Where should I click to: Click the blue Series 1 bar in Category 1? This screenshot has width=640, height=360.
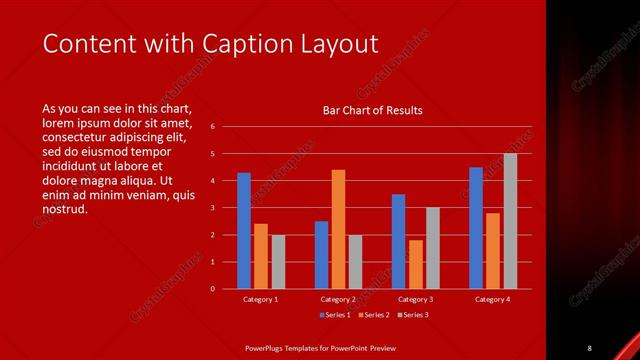point(244,230)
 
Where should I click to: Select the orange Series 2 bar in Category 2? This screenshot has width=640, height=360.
point(338,229)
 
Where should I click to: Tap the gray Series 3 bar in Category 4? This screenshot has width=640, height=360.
point(510,221)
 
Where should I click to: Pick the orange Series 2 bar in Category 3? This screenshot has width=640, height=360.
point(415,264)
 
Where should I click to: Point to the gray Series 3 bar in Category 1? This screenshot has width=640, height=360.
point(278,261)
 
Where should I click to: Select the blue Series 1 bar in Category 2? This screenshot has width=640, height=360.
point(321,254)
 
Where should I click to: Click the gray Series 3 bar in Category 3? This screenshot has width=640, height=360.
point(432,248)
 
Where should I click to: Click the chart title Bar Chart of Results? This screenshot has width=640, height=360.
point(372,110)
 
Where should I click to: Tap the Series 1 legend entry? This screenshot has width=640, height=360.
point(334,315)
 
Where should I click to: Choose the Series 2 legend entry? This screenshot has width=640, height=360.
point(372,315)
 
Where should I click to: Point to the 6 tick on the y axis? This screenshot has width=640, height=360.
point(212,127)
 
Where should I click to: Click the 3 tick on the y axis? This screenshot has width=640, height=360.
point(212,208)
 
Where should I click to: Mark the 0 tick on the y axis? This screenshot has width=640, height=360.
point(212,289)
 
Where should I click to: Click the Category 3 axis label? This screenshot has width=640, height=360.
point(415,299)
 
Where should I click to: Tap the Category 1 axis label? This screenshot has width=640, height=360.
point(261,299)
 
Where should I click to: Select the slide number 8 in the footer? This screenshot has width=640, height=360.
point(590,346)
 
